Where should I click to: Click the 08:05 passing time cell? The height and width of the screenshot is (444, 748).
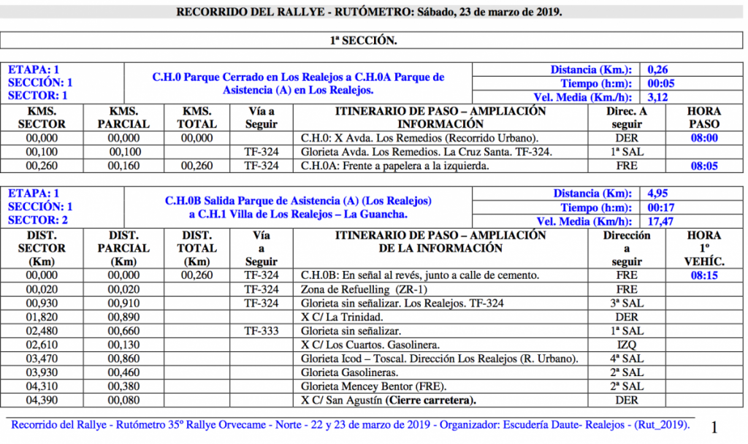(704, 166)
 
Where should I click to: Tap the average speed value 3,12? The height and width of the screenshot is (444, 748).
(657, 96)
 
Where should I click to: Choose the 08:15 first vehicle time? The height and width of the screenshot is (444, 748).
(704, 276)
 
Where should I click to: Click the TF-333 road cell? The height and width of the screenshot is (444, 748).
(262, 332)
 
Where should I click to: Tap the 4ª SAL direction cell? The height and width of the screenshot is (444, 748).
(627, 359)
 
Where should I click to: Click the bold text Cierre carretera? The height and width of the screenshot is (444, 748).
(431, 401)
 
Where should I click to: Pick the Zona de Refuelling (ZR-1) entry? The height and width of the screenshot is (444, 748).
(350, 290)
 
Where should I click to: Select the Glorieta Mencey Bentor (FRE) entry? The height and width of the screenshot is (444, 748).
(373, 387)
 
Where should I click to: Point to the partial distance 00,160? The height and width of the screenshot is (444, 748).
(123, 166)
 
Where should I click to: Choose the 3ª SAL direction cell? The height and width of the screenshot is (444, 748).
(627, 304)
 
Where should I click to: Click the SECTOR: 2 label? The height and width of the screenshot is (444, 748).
(37, 220)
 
